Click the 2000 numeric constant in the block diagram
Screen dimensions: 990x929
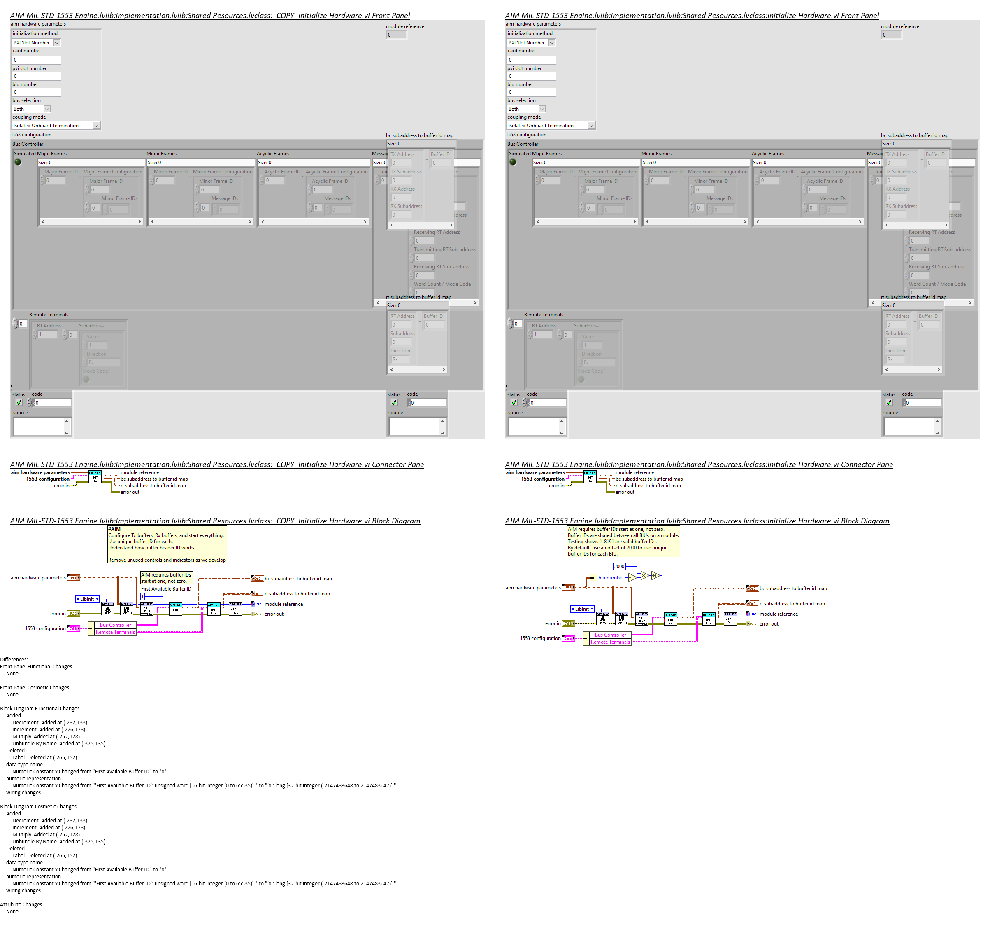click(618, 566)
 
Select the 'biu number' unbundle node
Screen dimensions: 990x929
click(611, 578)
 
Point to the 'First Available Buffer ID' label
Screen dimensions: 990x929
click(166, 588)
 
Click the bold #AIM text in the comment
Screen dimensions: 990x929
click(114, 529)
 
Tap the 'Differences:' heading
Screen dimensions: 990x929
click(14, 659)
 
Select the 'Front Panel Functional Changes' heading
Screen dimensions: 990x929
click(36, 666)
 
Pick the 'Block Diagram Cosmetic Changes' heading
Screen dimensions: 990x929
click(38, 806)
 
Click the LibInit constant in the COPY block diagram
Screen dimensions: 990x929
click(87, 599)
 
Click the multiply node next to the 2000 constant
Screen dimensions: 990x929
click(644, 576)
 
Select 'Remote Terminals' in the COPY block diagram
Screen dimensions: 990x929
click(115, 632)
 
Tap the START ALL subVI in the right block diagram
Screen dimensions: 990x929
click(730, 619)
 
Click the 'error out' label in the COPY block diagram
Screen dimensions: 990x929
click(274, 614)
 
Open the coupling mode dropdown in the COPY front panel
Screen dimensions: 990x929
click(96, 126)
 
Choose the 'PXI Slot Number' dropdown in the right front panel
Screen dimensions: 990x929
click(531, 43)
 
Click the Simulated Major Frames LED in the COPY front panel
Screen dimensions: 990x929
click(18, 162)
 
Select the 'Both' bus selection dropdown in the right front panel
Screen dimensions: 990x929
click(526, 109)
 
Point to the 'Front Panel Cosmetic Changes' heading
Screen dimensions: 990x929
click(35, 687)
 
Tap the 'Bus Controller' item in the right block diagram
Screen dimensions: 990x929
click(610, 635)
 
